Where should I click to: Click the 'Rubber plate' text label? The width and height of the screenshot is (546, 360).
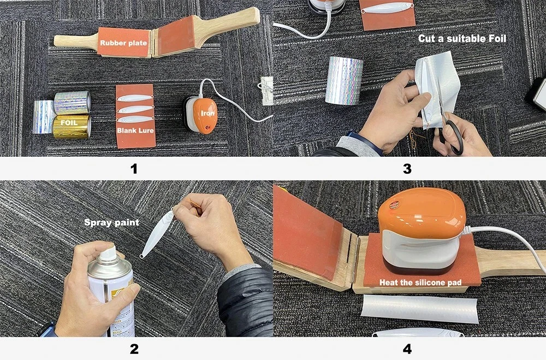click(x=123, y=43)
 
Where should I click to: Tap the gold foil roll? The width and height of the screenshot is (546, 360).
click(x=72, y=127)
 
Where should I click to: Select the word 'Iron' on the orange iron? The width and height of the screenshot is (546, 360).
click(x=207, y=113)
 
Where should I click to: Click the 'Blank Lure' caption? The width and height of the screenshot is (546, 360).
click(x=135, y=131)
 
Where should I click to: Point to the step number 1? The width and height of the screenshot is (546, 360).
click(x=134, y=169)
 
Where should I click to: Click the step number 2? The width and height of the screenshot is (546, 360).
click(x=134, y=349)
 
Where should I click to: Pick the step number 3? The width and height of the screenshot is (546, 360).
click(x=407, y=169)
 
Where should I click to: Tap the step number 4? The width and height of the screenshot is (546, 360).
click(x=407, y=349)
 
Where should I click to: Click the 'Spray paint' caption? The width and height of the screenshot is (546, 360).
click(x=112, y=222)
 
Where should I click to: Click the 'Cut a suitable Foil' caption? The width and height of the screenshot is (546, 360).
click(x=462, y=38)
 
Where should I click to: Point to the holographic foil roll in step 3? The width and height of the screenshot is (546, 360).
click(x=344, y=80)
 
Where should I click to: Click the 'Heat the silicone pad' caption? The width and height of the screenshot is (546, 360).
click(x=420, y=282)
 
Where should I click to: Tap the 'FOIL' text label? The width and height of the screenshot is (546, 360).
click(x=69, y=123)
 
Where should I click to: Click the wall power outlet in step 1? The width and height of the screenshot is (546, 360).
click(x=266, y=90)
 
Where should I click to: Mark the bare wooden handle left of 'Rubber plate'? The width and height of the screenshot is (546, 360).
click(x=75, y=41)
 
